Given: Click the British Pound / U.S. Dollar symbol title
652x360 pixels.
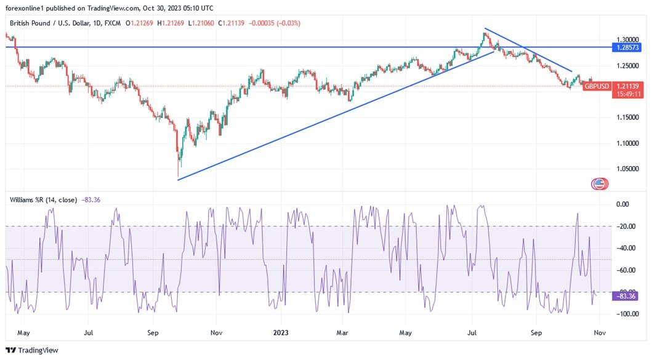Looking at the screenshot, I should coord(54,23).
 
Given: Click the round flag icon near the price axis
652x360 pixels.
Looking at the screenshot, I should coord(598,183).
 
